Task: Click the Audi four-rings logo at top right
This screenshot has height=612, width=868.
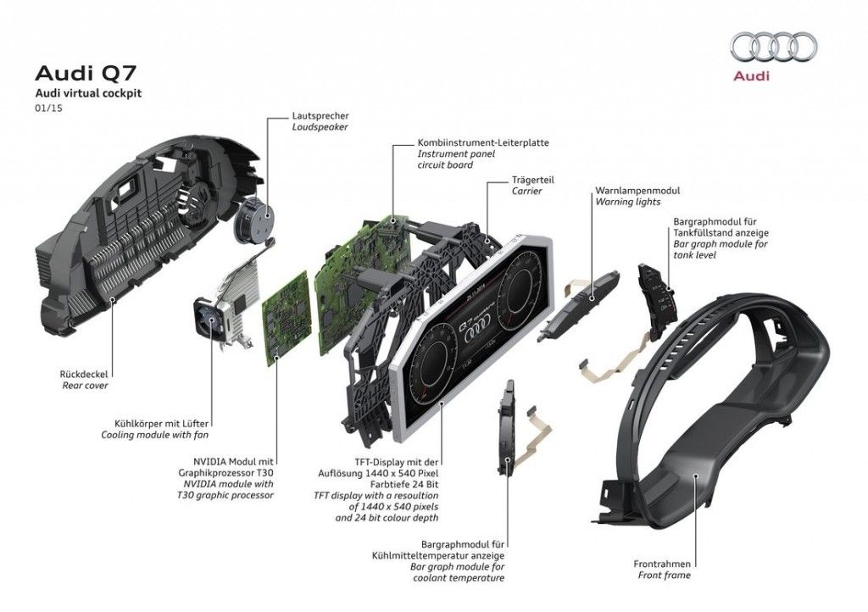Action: point(773,47)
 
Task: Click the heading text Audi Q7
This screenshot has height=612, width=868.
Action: point(86,73)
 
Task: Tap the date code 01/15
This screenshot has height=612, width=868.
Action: point(48,108)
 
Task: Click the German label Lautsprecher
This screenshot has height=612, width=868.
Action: point(320,116)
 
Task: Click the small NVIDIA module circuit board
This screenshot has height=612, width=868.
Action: point(286,318)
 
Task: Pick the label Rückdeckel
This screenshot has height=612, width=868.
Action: point(84,374)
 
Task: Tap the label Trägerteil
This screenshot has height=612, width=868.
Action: point(532,180)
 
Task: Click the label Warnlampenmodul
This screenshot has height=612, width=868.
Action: point(637,191)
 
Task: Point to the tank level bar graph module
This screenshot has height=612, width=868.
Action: point(658,302)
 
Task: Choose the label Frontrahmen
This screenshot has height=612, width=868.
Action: point(662,564)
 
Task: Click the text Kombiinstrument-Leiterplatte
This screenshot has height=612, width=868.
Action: point(483,142)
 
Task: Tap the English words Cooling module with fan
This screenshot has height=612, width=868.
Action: point(155,435)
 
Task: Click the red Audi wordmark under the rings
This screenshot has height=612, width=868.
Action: point(751,75)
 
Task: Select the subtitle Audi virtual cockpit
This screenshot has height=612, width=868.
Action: point(88,93)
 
